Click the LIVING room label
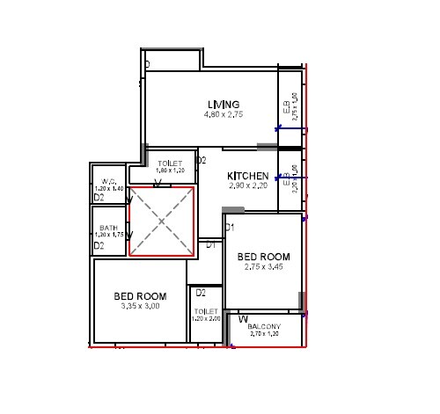point(217,105)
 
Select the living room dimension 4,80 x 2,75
point(217,114)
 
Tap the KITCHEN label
point(247,176)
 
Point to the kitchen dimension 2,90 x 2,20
point(247,187)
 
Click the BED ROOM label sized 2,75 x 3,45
point(263,256)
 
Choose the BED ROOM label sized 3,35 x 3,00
point(140,295)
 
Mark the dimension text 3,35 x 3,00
point(140,306)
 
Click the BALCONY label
point(264,326)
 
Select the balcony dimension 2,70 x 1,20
point(264,334)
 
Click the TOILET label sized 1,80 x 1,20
point(170,164)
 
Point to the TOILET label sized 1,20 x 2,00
point(205,311)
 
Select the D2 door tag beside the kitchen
point(201,160)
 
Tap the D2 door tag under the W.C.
point(99,199)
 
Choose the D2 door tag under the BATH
point(99,246)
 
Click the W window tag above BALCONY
point(242,318)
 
